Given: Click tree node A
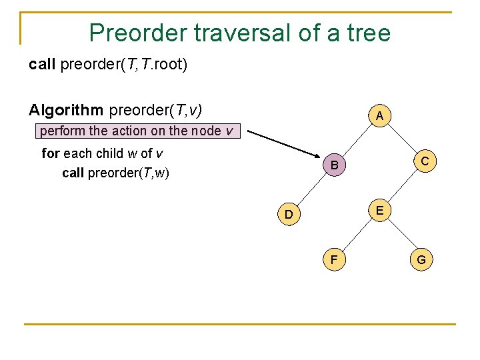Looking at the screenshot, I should (x=379, y=117).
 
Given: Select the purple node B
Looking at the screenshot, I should (x=336, y=165).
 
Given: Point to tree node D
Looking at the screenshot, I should (x=289, y=215).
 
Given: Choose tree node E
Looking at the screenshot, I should (x=379, y=211).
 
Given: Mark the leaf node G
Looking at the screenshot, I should (x=421, y=259).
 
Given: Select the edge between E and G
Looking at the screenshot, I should (x=401, y=235).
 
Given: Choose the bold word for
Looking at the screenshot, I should (x=50, y=153).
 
